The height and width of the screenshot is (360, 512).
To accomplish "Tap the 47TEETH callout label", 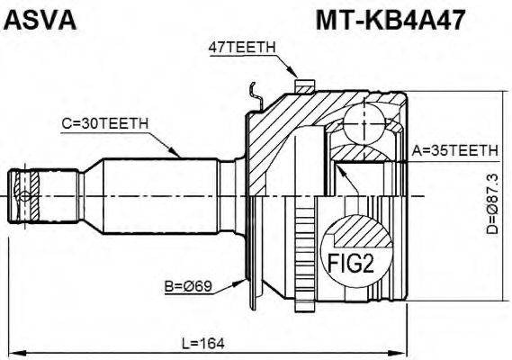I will pos(240,50).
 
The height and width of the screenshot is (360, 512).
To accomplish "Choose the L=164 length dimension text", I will pos(203,343).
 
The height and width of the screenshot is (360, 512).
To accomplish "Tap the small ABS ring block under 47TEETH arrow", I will pos(304,85).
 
